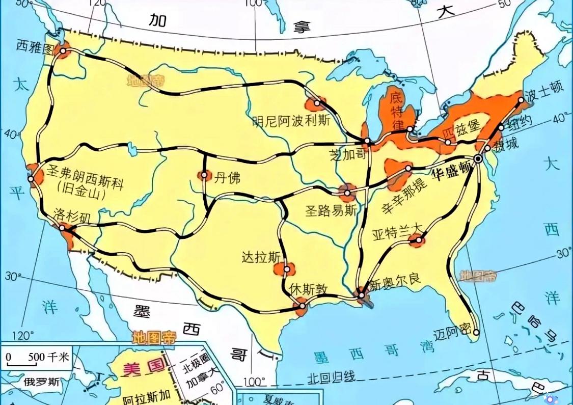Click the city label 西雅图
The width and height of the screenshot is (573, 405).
coord(35,46)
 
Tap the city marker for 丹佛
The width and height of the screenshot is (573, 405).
coord(204,175)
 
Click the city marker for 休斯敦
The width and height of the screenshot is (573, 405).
coord(303,306)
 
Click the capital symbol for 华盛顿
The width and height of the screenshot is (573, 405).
coord(478,159)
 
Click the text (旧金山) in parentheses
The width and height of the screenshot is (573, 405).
coord(81,195)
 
